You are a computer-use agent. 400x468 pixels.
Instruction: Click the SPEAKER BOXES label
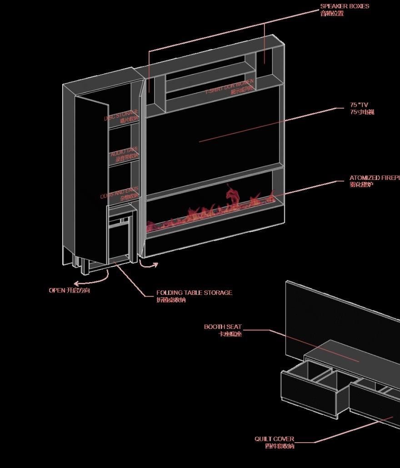[x=345, y=6]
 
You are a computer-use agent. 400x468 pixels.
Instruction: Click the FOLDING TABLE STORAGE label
[x=194, y=293]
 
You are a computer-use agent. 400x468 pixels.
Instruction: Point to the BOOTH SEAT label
[x=223, y=327]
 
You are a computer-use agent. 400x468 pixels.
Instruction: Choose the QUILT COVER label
[x=274, y=439]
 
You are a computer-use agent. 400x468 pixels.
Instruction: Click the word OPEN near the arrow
[x=57, y=290]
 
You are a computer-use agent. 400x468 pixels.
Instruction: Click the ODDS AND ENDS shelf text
[x=120, y=194]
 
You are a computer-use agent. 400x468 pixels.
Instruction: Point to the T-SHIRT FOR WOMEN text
[x=230, y=87]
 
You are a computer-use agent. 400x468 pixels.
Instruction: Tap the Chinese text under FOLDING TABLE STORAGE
[x=171, y=300]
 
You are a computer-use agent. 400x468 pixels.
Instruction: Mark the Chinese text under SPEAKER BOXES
[x=332, y=13]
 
